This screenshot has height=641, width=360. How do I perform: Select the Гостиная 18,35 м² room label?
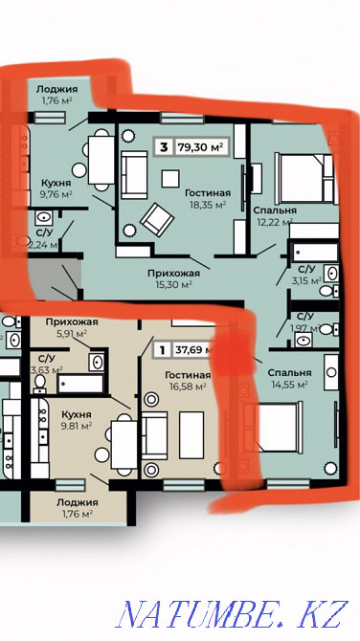[x=205, y=197]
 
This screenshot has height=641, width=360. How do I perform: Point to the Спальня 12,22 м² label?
[x=275, y=216]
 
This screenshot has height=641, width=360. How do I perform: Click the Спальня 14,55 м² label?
[x=289, y=378]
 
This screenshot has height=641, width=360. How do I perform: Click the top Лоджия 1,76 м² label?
[x=57, y=94]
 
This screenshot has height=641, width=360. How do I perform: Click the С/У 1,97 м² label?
[x=305, y=322]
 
